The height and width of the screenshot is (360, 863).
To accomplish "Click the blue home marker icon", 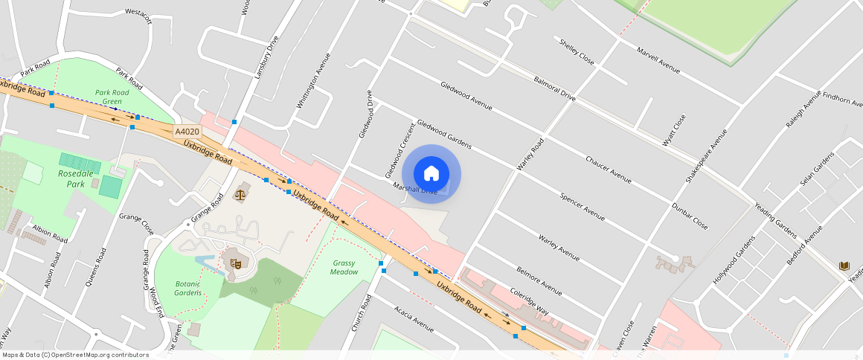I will pyautogui.click(x=431, y=174).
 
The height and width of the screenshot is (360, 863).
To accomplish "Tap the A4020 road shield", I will pyautogui.click(x=187, y=132).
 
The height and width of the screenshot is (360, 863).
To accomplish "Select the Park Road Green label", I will pyautogui.click(x=112, y=97).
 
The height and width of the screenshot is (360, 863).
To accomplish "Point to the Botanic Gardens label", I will pyautogui.click(x=187, y=288).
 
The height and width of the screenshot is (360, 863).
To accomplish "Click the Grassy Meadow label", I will pyautogui.click(x=344, y=267).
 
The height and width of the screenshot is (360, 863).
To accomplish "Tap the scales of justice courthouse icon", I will pyautogui.click(x=240, y=195).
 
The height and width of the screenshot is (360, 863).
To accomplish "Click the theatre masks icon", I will pyautogui.click(x=235, y=262).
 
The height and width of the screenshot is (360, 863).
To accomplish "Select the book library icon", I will pyautogui.click(x=844, y=266).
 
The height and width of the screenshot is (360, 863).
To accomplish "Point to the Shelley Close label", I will pyautogui.click(x=577, y=51).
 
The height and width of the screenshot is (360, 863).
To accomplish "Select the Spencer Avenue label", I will pyautogui.click(x=582, y=206).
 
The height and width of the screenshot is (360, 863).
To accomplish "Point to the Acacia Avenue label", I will pyautogui.click(x=414, y=318).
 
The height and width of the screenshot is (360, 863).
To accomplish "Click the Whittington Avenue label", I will pyautogui.click(x=312, y=81).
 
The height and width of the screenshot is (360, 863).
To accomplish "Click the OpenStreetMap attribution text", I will pyautogui.click(x=74, y=355).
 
